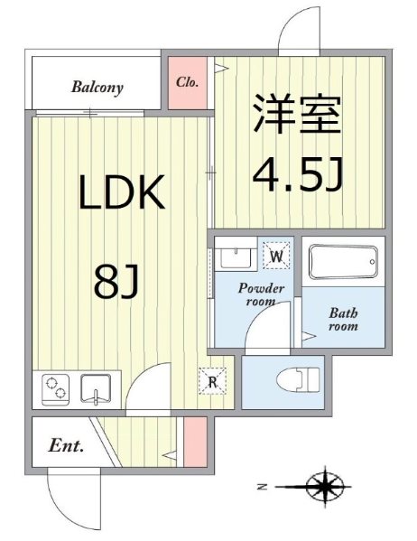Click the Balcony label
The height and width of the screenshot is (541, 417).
(97, 89)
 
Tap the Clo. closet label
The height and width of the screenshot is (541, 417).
(188, 82)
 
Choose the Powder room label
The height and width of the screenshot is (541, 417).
(262, 295)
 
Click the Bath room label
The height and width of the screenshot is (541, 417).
(343, 320)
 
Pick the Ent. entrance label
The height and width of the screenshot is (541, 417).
(66, 445)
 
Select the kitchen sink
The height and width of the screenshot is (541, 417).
(96, 389)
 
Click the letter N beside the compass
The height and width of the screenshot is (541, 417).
(261, 487)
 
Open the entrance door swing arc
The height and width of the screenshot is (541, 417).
(68, 495)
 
